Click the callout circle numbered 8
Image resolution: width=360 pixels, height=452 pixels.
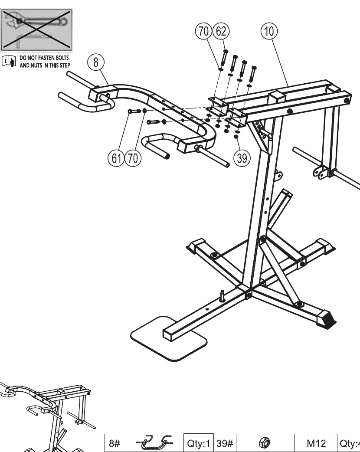coord(96,62)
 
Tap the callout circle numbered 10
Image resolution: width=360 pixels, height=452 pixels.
coord(269,31)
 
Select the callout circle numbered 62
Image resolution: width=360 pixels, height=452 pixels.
coord(221,31)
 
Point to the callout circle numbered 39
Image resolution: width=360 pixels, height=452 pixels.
coord(242,158)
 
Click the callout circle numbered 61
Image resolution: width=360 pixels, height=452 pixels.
coord(116,158)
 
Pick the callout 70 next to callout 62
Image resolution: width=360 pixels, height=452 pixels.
coord(204,31)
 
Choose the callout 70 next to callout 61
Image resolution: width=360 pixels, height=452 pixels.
coord(133,158)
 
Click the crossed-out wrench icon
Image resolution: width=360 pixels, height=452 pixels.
coord(37,30)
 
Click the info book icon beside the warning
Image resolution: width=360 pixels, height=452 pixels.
coord(9,61)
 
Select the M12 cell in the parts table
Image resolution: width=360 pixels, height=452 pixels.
coord(316,443)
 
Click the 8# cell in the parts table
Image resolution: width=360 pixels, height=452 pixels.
coord(115,443)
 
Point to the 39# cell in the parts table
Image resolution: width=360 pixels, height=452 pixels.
coord(225,443)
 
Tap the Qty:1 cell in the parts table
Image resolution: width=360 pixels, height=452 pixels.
coord(199,443)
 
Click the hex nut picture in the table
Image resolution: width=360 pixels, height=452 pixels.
coord(265,443)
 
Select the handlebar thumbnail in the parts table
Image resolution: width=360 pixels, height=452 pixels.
coord(155,443)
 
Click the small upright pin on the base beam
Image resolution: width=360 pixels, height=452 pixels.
coord(223,296)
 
